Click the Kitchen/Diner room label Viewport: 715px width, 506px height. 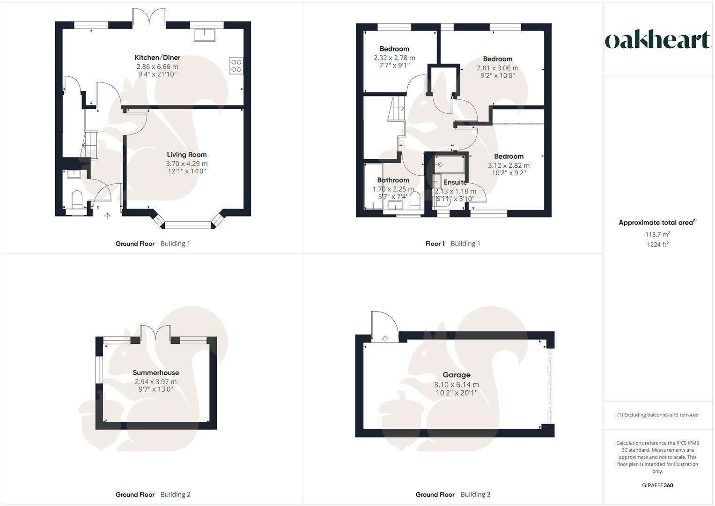pyautogui.click(x=157, y=58)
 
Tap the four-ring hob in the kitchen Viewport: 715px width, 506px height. pyautogui.click(x=236, y=66)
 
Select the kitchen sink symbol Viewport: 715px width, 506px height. pyautogui.click(x=205, y=35)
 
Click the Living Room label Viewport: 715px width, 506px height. pyautogui.click(x=187, y=155)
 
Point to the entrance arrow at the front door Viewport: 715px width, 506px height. pyautogui.click(x=107, y=216)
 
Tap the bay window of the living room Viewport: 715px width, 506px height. pyautogui.click(x=187, y=224)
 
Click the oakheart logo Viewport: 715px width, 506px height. pyautogui.click(x=657, y=40)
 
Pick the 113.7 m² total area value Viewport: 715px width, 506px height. pyautogui.click(x=657, y=234)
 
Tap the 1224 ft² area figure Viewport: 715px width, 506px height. pyautogui.click(x=657, y=244)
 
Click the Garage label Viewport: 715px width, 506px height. pyautogui.click(x=457, y=375)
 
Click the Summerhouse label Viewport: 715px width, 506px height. pyautogui.click(x=156, y=373)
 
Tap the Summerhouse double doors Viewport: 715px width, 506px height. pyautogui.click(x=156, y=333)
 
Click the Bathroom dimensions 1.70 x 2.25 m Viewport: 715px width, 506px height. pyautogui.click(x=393, y=189)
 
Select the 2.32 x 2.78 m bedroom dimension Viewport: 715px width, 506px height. pyautogui.click(x=394, y=58)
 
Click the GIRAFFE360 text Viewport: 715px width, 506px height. pyautogui.click(x=657, y=485)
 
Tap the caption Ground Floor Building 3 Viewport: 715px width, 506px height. pyautogui.click(x=453, y=494)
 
